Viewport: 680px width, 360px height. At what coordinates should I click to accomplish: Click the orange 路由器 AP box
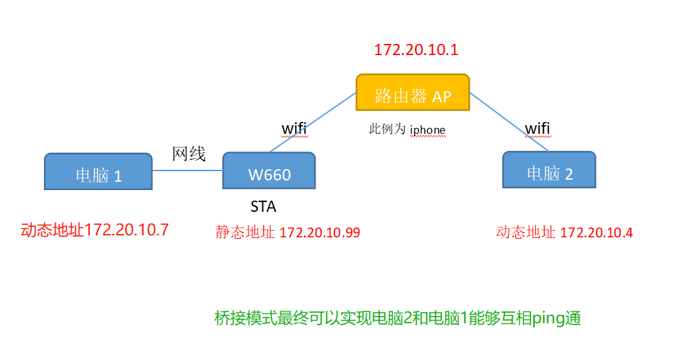coord(412,92)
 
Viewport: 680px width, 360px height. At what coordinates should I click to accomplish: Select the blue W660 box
coord(269,172)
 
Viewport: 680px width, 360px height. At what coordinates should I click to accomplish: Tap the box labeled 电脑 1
coord(98,172)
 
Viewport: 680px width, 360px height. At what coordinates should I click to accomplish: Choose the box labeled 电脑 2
coord(549,170)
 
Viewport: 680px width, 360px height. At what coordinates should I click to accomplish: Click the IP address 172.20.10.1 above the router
coord(416,50)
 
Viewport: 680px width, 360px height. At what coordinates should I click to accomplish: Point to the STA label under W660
coord(263,207)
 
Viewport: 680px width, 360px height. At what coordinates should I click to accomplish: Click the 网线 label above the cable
coord(189,154)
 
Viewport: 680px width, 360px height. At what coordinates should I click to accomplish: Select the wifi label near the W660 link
coord(294,127)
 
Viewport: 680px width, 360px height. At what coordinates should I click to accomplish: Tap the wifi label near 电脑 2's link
coord(537,128)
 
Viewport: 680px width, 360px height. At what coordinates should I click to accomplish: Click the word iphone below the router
coord(428,130)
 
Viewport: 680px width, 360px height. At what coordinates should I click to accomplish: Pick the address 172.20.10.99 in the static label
coord(319,232)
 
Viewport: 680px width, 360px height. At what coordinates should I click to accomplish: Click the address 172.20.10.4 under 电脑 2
coord(596,232)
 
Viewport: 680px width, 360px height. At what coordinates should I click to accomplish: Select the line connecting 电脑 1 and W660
coord(188,171)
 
